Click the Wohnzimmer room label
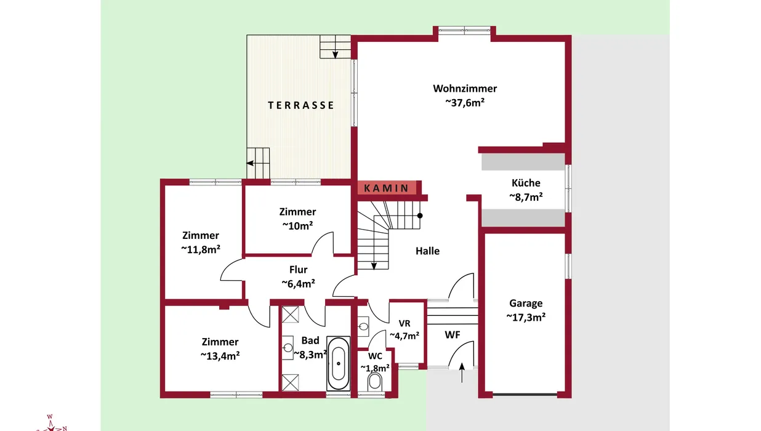pos(465,89)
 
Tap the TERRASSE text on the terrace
pos(301,105)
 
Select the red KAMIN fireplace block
pos(387,188)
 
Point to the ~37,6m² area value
pos(465,103)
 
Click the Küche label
pos(526,183)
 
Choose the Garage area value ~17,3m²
pos(526,317)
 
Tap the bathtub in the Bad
pos(338,363)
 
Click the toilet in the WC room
pos(375,382)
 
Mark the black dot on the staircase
pos(420,216)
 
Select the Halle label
pos(428,251)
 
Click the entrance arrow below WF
pos(462,373)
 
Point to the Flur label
pos(298,270)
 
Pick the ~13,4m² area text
pos(220,356)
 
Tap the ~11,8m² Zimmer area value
pos(201,249)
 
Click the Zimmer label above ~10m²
pos(297,212)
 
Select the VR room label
pos(405,323)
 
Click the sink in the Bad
pos(288,348)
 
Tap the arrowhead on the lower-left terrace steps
pos(250,163)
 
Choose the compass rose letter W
pos(50,417)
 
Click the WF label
pos(453,335)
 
